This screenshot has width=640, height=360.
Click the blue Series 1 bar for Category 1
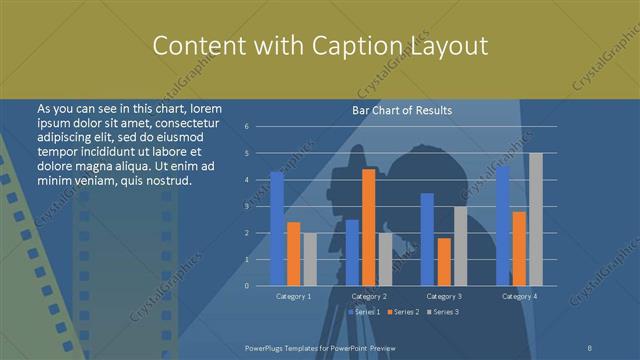click(x=277, y=229)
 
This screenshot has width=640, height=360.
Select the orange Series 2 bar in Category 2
click(x=369, y=227)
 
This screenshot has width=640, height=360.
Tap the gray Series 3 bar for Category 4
click(x=535, y=219)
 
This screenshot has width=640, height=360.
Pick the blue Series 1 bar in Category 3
click(x=427, y=239)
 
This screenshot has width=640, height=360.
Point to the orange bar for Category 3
click(x=443, y=261)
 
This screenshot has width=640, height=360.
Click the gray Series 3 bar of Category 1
click(x=309, y=259)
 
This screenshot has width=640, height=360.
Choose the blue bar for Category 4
click(x=503, y=226)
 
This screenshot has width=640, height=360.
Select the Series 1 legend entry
click(x=363, y=313)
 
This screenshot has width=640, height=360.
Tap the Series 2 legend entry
click(x=403, y=313)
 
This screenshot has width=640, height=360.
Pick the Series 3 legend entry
click(x=444, y=313)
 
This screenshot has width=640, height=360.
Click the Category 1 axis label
click(x=293, y=296)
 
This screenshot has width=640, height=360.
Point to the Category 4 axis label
click(x=519, y=296)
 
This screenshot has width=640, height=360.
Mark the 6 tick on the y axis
click(x=260, y=127)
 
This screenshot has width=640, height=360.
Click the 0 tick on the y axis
click(x=260, y=286)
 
